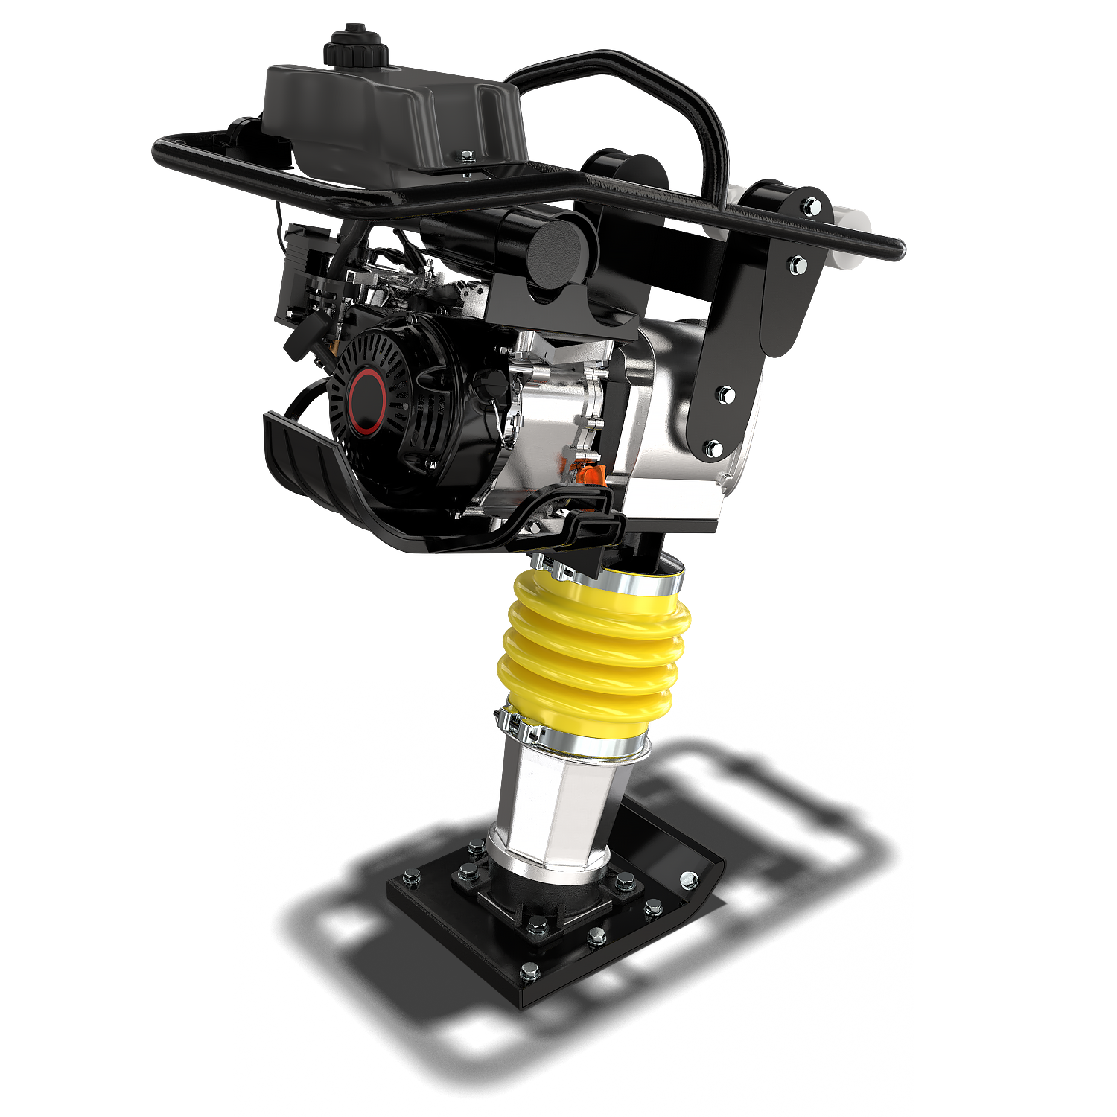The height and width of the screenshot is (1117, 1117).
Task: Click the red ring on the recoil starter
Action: point(368,402)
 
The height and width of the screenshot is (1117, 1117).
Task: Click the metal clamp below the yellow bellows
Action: point(573,741)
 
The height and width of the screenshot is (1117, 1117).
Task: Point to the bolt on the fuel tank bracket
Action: point(467,156)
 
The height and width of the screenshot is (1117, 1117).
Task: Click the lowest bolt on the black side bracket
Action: point(713,448)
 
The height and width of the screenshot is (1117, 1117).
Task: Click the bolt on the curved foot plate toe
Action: point(690,880)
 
